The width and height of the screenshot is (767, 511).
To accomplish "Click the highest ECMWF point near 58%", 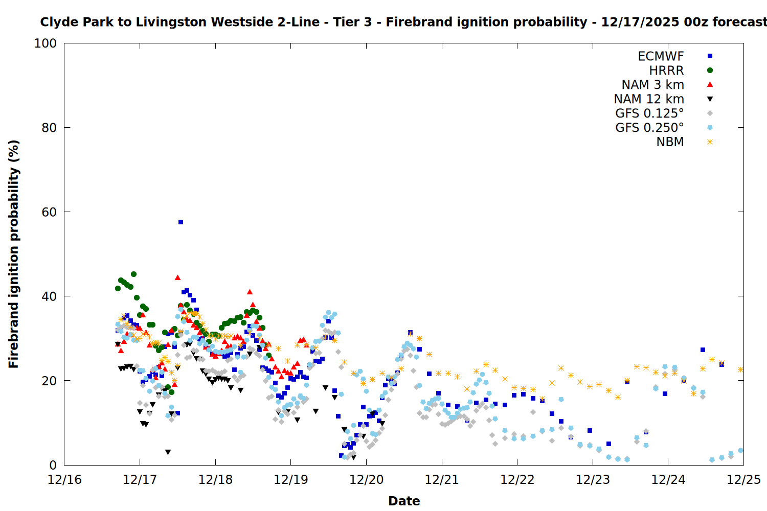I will pyautogui.click(x=181, y=222).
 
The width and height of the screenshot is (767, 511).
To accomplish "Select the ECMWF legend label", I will pyautogui.click(x=661, y=56).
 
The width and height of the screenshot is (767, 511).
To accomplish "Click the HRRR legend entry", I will pyautogui.click(x=666, y=71).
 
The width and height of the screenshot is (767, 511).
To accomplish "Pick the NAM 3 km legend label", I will pyautogui.click(x=652, y=85).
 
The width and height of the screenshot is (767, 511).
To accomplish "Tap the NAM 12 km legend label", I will pyautogui.click(x=649, y=99).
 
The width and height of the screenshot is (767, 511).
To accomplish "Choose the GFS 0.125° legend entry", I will pyautogui.click(x=649, y=113).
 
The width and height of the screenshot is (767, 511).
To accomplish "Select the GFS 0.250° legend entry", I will pyautogui.click(x=649, y=128).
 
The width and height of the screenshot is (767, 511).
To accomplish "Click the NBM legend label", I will pyautogui.click(x=670, y=142).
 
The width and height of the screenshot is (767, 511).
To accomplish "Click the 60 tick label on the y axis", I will pyautogui.click(x=49, y=212).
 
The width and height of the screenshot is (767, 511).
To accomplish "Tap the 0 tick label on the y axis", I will pyautogui.click(x=53, y=465).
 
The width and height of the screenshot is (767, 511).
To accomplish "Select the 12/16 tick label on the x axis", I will pyautogui.click(x=64, y=480).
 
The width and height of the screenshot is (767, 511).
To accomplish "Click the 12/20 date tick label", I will pyautogui.click(x=366, y=480).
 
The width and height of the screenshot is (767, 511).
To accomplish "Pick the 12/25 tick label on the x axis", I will pyautogui.click(x=743, y=480).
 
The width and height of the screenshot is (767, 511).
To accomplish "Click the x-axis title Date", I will pyautogui.click(x=404, y=501).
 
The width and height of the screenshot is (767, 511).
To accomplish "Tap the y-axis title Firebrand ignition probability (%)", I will pyautogui.click(x=14, y=254).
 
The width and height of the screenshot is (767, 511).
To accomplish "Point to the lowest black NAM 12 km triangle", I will pyautogui.click(x=168, y=452).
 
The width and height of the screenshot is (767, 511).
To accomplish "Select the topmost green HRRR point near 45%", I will pyautogui.click(x=133, y=274).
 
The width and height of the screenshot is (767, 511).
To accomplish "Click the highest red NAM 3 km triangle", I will pyautogui.click(x=177, y=277).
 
